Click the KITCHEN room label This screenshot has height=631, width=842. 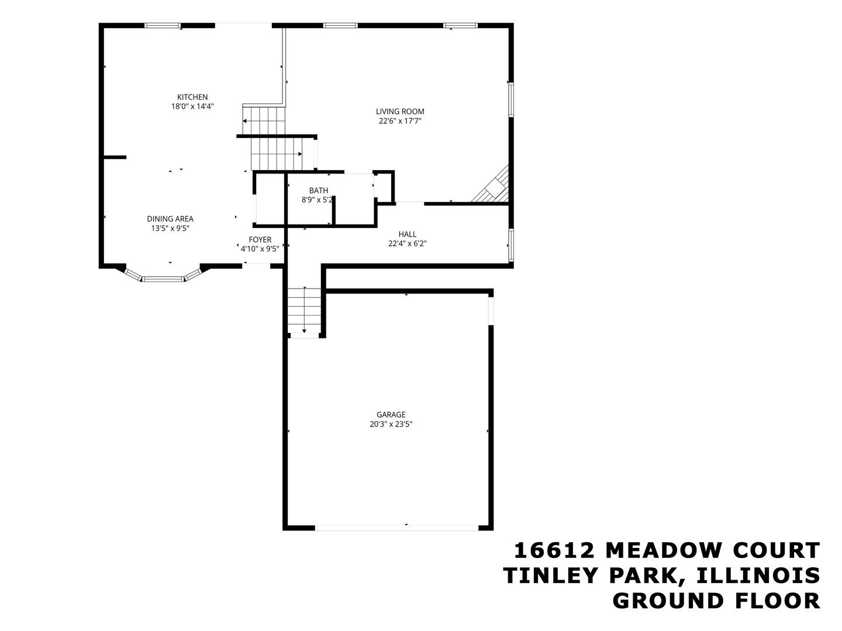click(192, 97)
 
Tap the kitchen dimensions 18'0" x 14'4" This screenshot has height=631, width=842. click(192, 107)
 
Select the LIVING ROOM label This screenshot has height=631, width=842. click(400, 112)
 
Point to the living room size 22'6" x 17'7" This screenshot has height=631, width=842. click(400, 122)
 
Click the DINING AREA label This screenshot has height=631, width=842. click(170, 219)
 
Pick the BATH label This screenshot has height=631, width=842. click(319, 190)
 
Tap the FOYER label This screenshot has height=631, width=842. click(260, 240)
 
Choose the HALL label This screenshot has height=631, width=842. click(408, 234)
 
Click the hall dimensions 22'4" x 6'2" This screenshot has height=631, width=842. click(408, 244)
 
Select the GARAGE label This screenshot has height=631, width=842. click(391, 415)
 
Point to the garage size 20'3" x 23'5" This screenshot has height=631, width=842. click(391, 425)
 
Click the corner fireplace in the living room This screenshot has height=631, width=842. click(495, 186)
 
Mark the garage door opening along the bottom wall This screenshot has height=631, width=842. click(396, 528)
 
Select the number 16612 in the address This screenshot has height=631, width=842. click(554, 550)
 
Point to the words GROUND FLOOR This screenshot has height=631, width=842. click(716, 601)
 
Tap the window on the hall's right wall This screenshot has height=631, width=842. click(511, 244)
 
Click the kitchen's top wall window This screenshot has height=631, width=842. click(163, 26)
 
